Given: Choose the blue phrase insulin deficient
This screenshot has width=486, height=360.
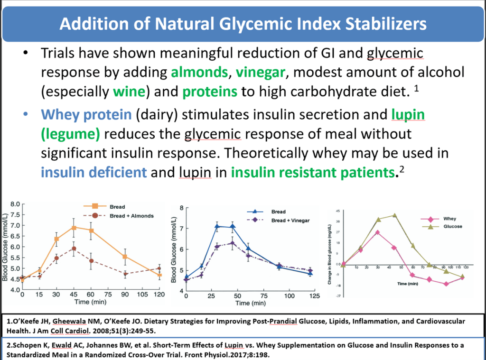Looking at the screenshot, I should (x=93, y=172).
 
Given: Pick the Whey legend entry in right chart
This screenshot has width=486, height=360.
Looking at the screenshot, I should (x=449, y=219).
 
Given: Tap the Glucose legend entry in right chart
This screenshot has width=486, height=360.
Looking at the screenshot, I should (x=453, y=226).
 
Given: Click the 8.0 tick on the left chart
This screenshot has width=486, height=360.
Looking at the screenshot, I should (x=14, y=204).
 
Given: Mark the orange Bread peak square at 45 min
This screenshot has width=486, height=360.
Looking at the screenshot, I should (x=74, y=228).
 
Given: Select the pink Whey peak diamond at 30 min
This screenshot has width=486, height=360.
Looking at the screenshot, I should (x=377, y=232).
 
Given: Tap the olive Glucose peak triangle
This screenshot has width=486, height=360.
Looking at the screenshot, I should (x=395, y=215).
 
